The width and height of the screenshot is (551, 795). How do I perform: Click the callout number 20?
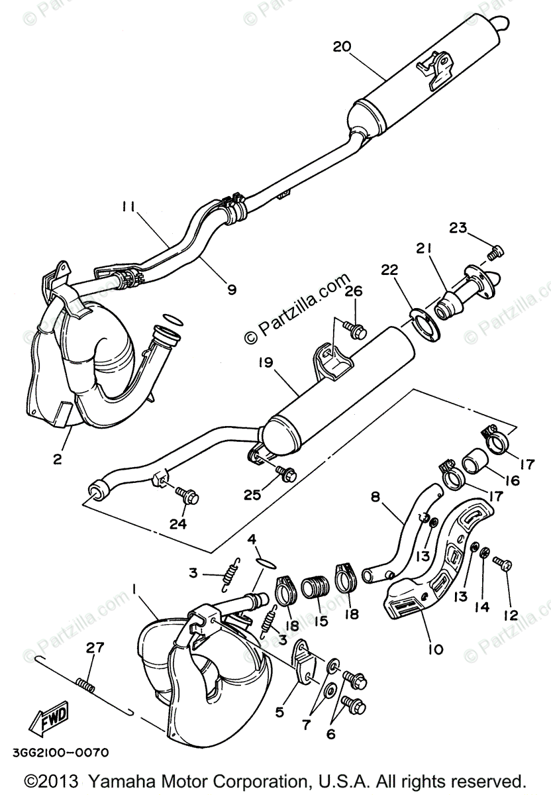tap(342, 47)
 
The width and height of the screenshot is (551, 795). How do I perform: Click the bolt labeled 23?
tap(495, 252)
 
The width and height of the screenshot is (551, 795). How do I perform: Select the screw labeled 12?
tap(505, 564)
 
